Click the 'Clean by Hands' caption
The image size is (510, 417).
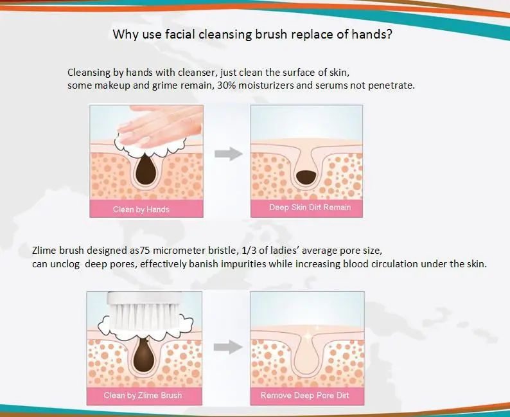(x=141, y=209)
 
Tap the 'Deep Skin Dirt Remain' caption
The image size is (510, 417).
(x=310, y=208)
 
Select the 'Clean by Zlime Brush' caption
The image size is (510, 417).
(x=143, y=395)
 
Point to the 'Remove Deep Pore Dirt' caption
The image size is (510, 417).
(x=305, y=395)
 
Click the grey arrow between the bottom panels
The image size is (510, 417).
(x=227, y=347)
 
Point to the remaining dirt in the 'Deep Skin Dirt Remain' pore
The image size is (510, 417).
(x=306, y=174)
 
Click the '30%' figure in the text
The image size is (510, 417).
(x=222, y=85)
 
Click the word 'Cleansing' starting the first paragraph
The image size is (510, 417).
(x=89, y=72)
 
